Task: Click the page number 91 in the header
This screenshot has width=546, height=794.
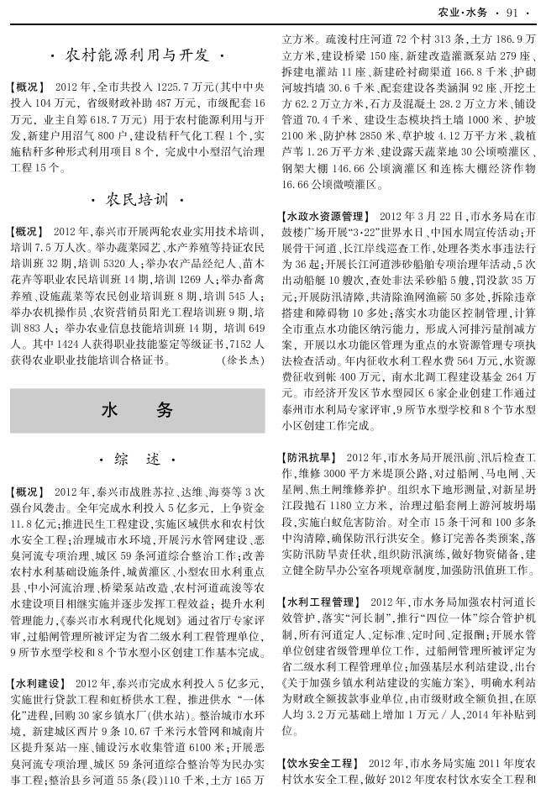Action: (x=513, y=12)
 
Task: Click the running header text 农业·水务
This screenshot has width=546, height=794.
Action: (x=463, y=12)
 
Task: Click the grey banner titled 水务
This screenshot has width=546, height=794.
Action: (x=137, y=410)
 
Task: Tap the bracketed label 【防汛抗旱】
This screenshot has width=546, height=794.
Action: (x=310, y=457)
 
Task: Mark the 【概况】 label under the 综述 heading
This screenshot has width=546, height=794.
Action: (x=27, y=491)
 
